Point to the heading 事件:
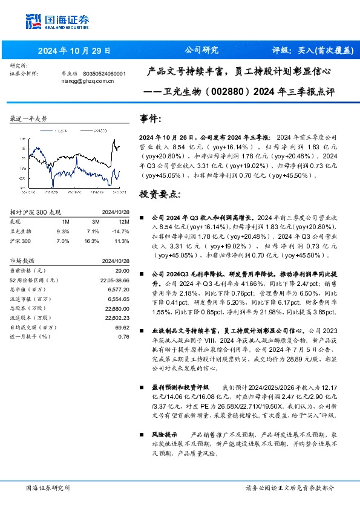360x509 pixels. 150,118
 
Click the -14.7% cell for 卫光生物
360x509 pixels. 121,231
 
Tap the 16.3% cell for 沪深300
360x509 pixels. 93,241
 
